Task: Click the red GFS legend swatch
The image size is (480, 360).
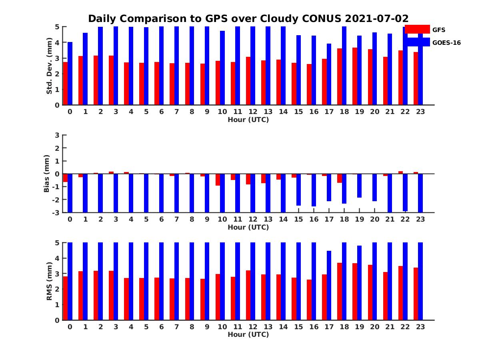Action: coord(417,29)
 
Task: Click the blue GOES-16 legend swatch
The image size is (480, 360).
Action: coord(417,42)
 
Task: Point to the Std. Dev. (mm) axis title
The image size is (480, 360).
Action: coord(50,66)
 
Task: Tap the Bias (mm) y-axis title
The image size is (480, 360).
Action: coord(47,174)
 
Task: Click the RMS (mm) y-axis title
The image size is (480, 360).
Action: coord(50,281)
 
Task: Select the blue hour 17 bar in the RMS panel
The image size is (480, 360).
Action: coord(329,285)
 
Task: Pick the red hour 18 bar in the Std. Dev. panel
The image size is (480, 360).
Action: coord(339,76)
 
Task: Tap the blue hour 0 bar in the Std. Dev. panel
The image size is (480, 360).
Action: coord(70,73)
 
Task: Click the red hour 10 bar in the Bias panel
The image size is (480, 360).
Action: coord(218,180)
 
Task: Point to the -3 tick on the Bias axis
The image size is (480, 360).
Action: coord(57,212)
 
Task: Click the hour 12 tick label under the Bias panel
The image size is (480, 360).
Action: coord(253,219)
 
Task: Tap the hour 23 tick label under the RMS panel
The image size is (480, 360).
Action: coord(420,326)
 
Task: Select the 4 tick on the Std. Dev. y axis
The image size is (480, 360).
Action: coord(57,42)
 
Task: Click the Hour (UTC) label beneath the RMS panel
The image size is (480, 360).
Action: coord(248,334)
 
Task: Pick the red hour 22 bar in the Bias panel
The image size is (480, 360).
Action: coord(400,172)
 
